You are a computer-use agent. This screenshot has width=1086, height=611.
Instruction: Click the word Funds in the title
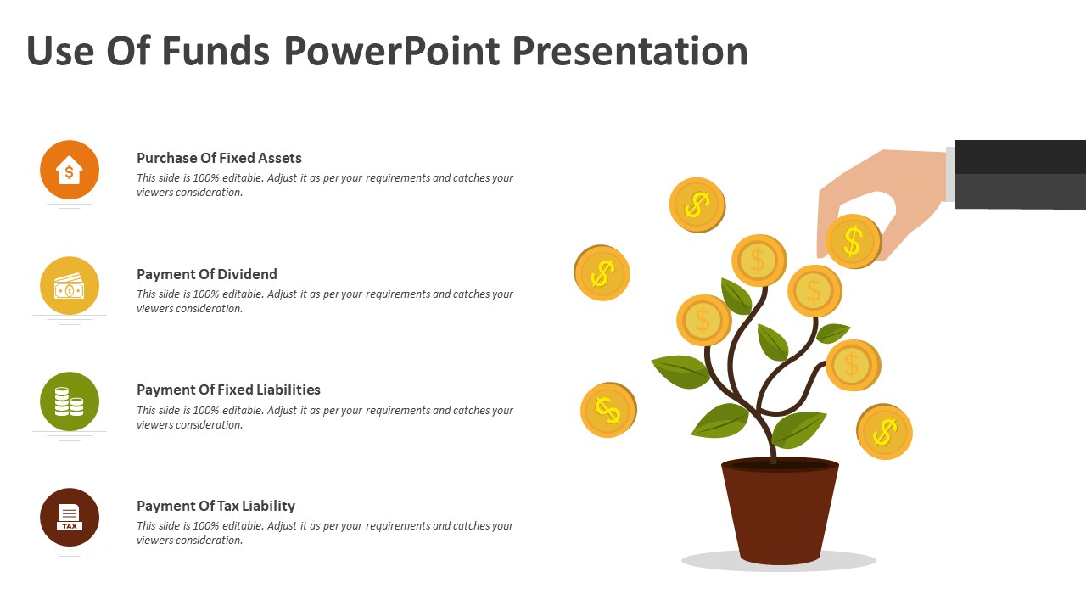[215, 51]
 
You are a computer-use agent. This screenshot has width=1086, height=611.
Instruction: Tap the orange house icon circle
[70, 170]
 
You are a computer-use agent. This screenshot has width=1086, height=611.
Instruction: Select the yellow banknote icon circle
[70, 286]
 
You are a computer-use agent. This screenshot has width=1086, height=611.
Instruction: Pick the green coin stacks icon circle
[70, 401]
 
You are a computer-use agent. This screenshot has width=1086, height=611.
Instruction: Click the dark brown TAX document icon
[70, 517]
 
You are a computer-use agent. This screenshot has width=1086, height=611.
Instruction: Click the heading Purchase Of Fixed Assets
[219, 158]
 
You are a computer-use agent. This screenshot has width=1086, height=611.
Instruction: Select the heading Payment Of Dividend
[207, 274]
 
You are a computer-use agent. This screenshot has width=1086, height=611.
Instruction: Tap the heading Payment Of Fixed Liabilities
[228, 390]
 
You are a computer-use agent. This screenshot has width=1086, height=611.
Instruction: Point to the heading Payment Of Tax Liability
[216, 506]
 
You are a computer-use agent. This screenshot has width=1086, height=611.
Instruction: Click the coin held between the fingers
[854, 242]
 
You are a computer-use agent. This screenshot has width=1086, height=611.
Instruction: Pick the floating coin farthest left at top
[602, 273]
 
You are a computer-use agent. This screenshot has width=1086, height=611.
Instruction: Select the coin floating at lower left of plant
[608, 410]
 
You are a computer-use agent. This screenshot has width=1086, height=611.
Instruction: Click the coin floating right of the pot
[884, 432]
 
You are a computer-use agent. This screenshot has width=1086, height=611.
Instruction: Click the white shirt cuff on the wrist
[950, 174]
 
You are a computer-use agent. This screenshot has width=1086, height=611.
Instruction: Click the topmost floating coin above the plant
[697, 205]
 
